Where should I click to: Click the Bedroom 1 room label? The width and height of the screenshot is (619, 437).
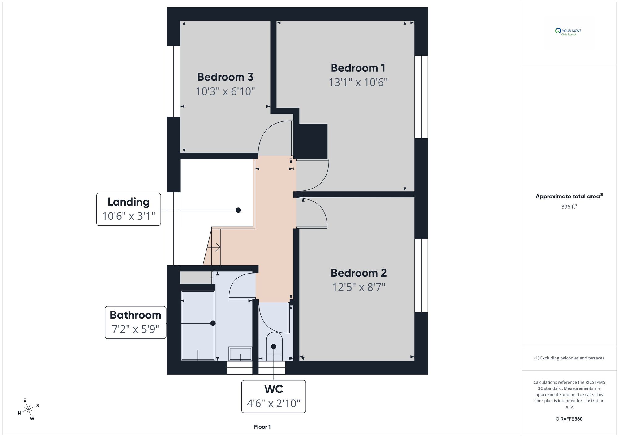click(358, 68)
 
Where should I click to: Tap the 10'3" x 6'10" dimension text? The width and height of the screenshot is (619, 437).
click(225, 91)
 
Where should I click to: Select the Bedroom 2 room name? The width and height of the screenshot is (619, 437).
click(359, 273)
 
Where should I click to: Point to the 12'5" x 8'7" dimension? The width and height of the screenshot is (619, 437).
click(359, 287)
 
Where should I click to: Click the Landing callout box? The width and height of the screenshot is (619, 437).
click(128, 209)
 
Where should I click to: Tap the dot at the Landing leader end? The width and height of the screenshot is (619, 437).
click(238, 210)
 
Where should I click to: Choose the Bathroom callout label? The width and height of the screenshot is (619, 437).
click(136, 322)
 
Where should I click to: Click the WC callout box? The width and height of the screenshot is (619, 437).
click(274, 397)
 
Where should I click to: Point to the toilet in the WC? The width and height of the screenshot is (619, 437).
click(274, 346)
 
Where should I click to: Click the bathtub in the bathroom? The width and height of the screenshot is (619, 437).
click(198, 325)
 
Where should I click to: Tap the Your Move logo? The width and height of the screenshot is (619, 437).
click(568, 32)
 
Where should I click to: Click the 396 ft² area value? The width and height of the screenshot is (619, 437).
click(569, 206)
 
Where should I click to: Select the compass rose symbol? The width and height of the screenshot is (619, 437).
click(28, 410)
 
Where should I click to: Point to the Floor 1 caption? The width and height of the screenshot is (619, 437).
click(262, 427)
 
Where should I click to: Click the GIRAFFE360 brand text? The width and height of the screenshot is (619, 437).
click(569, 419)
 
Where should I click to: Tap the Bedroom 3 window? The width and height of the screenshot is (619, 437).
click(174, 81)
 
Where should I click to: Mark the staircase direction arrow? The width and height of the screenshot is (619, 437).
click(214, 247)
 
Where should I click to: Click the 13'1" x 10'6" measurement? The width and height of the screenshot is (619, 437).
click(358, 83)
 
